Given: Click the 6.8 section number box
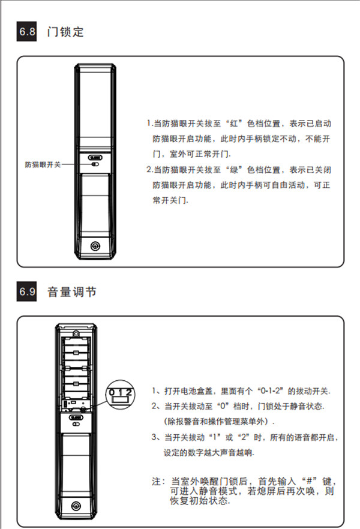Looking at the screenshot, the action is (26, 31).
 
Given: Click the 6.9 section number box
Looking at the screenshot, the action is (26, 291).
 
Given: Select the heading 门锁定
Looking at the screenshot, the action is (65, 32).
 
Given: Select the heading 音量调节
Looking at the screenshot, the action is (72, 291).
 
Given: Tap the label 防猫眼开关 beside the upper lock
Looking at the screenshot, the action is (43, 164).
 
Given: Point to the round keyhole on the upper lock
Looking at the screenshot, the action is (95, 246).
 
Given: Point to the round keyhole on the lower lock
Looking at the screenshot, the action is (76, 506).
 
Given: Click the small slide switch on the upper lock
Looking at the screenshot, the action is (95, 164).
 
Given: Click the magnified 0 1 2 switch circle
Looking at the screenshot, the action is (121, 395).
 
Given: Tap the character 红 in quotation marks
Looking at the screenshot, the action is (234, 124).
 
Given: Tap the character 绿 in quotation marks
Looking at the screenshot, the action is (234, 170).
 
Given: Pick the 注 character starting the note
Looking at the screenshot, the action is (156, 481).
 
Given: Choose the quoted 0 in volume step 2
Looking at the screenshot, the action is (223, 406).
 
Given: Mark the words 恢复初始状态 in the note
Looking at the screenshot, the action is (199, 501).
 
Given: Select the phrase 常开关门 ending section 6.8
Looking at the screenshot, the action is (169, 200).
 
